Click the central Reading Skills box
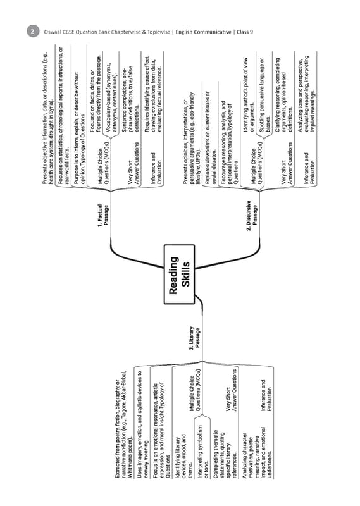tap(179, 275)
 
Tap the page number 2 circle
tap(33, 32)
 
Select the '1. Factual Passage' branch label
tap(103, 215)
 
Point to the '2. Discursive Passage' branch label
tap(252, 215)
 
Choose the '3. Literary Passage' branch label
tap(195, 338)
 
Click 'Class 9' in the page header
tap(245, 32)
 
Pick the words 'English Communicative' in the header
tap(203, 32)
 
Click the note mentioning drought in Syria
tap(49, 118)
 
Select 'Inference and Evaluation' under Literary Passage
tap(266, 395)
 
